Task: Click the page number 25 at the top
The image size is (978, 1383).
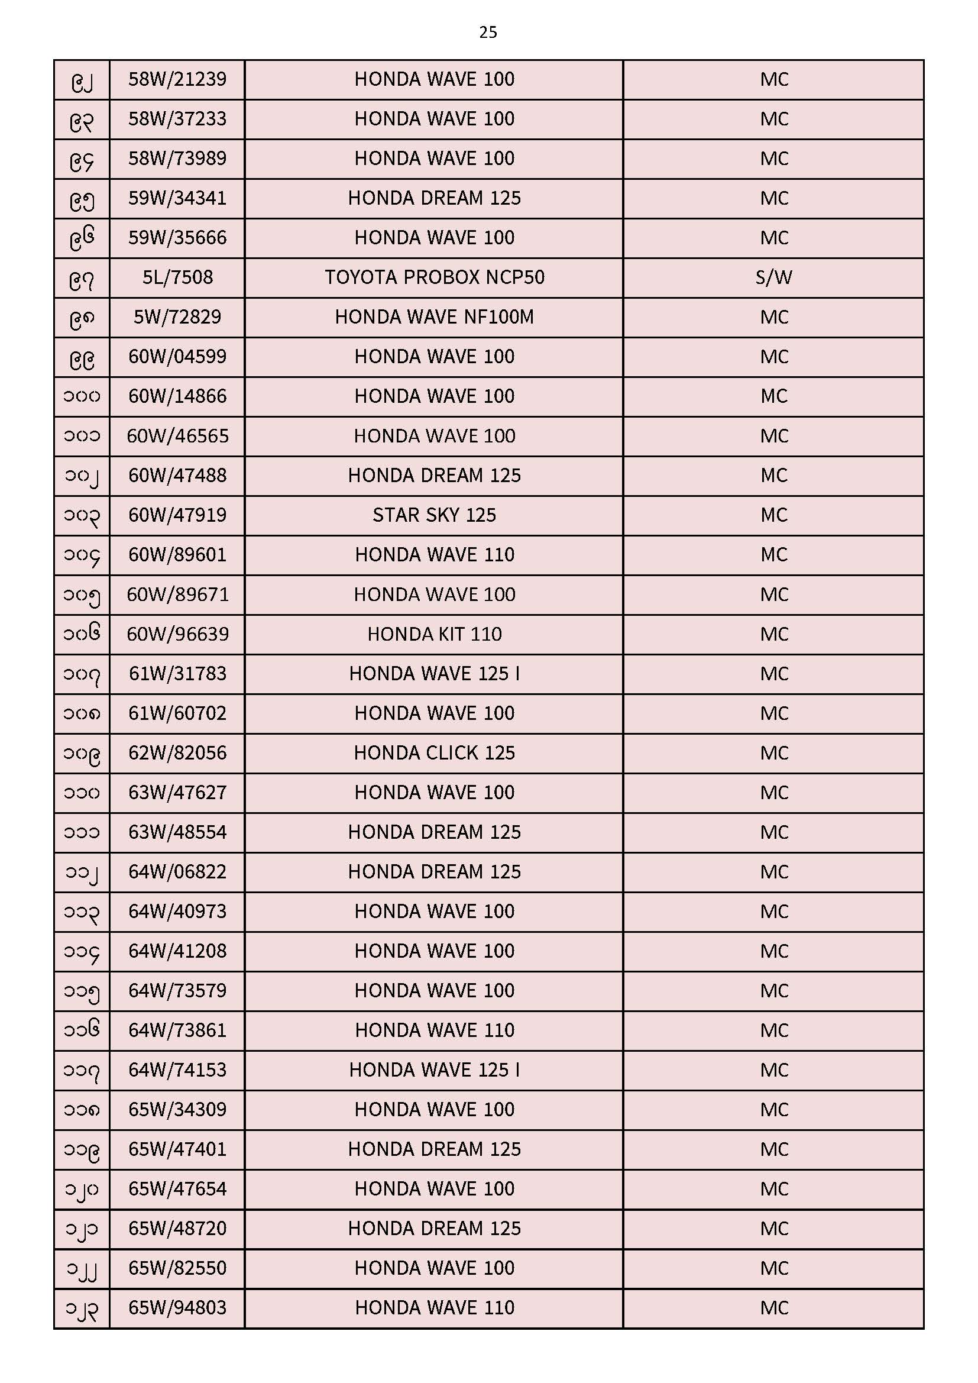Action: tap(488, 33)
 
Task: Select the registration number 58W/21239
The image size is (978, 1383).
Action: tap(177, 79)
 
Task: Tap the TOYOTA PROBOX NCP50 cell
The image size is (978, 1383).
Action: tap(434, 277)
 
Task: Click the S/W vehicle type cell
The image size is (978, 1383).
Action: tap(773, 277)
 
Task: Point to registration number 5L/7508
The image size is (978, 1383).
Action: tap(177, 277)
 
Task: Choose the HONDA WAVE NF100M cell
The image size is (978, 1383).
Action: tap(434, 317)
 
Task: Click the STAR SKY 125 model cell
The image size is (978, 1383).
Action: tap(434, 515)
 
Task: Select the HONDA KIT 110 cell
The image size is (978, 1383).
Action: tap(434, 634)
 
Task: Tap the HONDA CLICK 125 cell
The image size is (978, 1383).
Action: tap(434, 753)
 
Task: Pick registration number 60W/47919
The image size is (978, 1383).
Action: tap(177, 515)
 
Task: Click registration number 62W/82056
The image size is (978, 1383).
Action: tap(177, 753)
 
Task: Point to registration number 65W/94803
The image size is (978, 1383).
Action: tap(177, 1308)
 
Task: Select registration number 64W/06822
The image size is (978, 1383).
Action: tap(177, 871)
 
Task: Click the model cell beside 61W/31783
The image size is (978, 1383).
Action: tap(434, 673)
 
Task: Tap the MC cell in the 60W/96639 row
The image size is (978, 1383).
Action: tap(773, 634)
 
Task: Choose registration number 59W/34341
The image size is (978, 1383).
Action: tap(177, 198)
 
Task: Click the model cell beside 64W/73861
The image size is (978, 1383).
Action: tap(434, 1030)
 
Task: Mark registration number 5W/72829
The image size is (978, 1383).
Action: tap(177, 317)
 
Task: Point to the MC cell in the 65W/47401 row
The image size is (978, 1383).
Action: tap(773, 1149)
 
